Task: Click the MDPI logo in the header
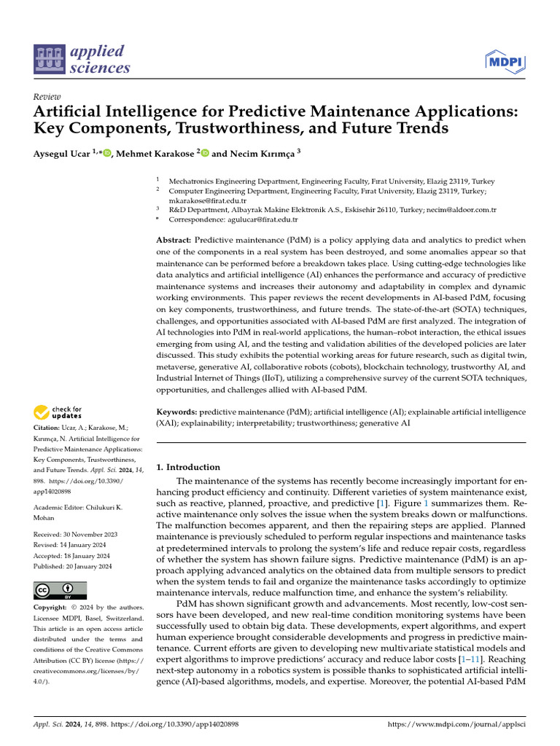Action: tap(504, 60)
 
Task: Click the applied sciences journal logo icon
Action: tap(48, 60)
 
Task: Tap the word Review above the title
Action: tap(47, 97)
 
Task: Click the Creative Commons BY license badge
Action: tap(60, 590)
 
